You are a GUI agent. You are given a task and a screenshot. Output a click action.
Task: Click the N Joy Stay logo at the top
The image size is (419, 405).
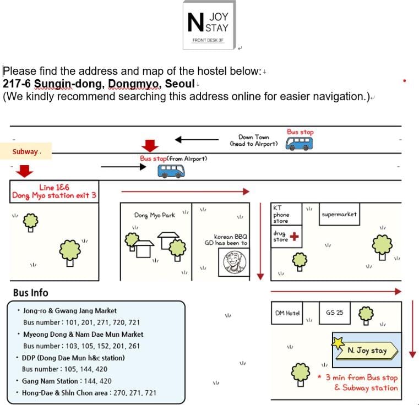209,25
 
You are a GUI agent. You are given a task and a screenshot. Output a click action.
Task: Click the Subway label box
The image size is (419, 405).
26,151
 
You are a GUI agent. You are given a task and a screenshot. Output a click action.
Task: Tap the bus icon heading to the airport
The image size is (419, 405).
299,144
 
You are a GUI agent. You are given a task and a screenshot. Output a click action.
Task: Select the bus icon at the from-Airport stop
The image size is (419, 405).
171,171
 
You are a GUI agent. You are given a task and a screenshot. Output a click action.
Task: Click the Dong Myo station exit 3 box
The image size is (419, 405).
55,191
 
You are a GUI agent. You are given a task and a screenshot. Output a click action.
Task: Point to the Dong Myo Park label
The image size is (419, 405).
155,215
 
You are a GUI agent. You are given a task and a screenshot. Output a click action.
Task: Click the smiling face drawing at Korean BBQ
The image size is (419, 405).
235,262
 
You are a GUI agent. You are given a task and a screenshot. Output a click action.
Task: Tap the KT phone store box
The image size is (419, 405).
286,214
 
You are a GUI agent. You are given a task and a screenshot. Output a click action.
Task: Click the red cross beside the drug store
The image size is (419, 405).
294,237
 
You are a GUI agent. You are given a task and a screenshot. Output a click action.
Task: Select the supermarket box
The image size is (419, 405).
339,214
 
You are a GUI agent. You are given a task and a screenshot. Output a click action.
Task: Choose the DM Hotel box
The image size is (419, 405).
287,313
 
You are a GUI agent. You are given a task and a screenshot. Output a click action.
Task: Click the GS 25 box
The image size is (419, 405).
335,313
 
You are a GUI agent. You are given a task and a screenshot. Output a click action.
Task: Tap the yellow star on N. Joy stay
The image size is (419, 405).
338,343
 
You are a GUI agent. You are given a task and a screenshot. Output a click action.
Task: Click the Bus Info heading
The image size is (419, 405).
31,293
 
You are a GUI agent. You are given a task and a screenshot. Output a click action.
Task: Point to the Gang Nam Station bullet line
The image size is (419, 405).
64,381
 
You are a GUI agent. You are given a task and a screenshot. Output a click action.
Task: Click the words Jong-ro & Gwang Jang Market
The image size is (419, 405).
70,311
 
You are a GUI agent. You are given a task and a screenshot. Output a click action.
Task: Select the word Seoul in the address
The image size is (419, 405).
179,84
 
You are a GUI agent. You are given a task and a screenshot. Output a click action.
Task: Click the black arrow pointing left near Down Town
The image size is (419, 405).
197,139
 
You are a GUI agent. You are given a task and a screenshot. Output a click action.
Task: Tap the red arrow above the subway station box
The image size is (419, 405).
24,171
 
